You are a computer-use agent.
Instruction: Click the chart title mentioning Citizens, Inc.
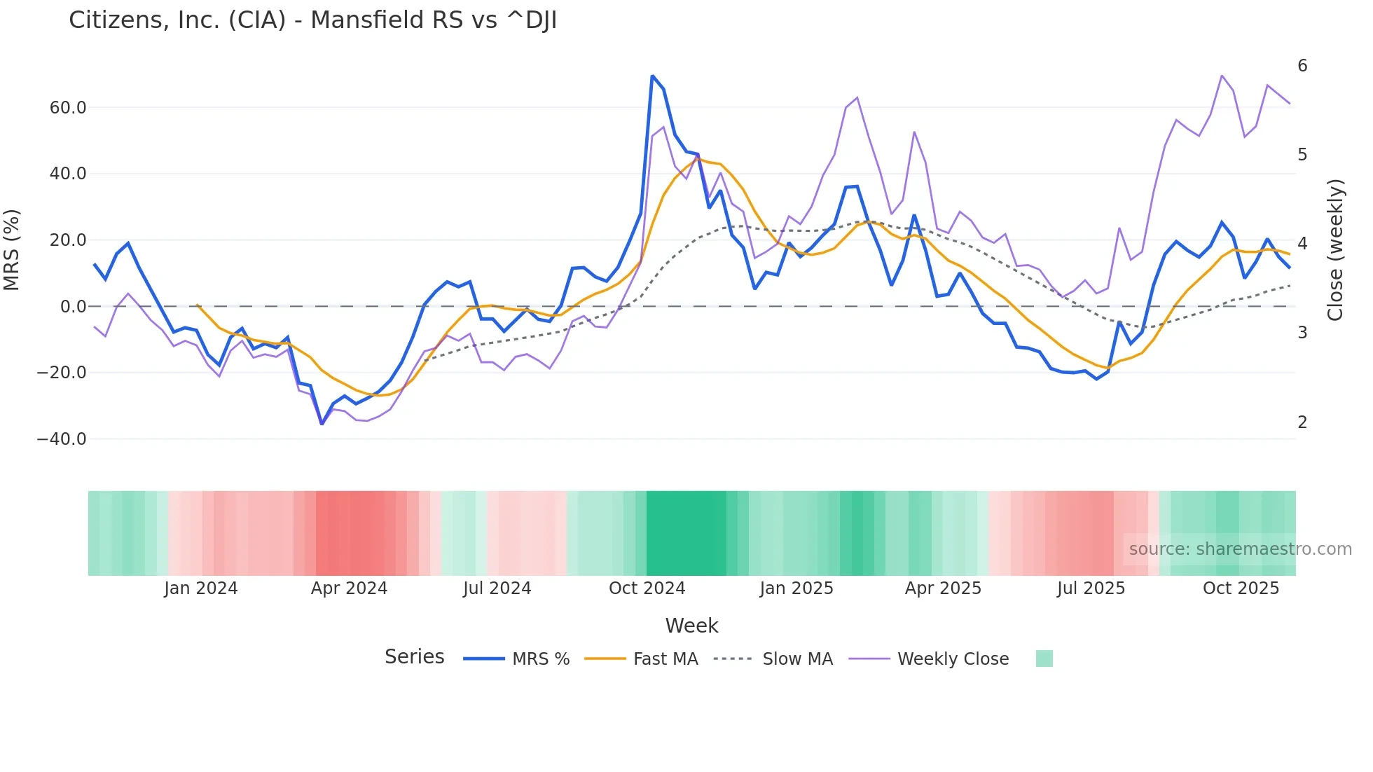point(312,20)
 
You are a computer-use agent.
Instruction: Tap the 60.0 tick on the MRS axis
point(68,108)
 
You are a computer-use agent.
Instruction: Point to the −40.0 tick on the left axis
point(62,439)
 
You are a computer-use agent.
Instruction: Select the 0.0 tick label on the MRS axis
point(74,307)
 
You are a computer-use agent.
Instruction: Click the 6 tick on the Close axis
point(1302,66)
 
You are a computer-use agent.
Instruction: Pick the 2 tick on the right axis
point(1302,422)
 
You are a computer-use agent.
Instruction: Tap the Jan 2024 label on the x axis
point(201,588)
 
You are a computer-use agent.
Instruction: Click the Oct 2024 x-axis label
point(647,588)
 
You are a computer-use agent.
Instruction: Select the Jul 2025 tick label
point(1091,588)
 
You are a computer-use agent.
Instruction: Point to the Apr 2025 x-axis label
point(943,588)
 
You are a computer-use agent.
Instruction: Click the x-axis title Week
point(691,626)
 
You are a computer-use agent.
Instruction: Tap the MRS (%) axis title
point(12,250)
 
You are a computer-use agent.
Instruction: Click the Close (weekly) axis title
point(1335,250)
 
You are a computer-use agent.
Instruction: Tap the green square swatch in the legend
point(1044,659)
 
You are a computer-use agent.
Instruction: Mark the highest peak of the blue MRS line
point(652,76)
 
